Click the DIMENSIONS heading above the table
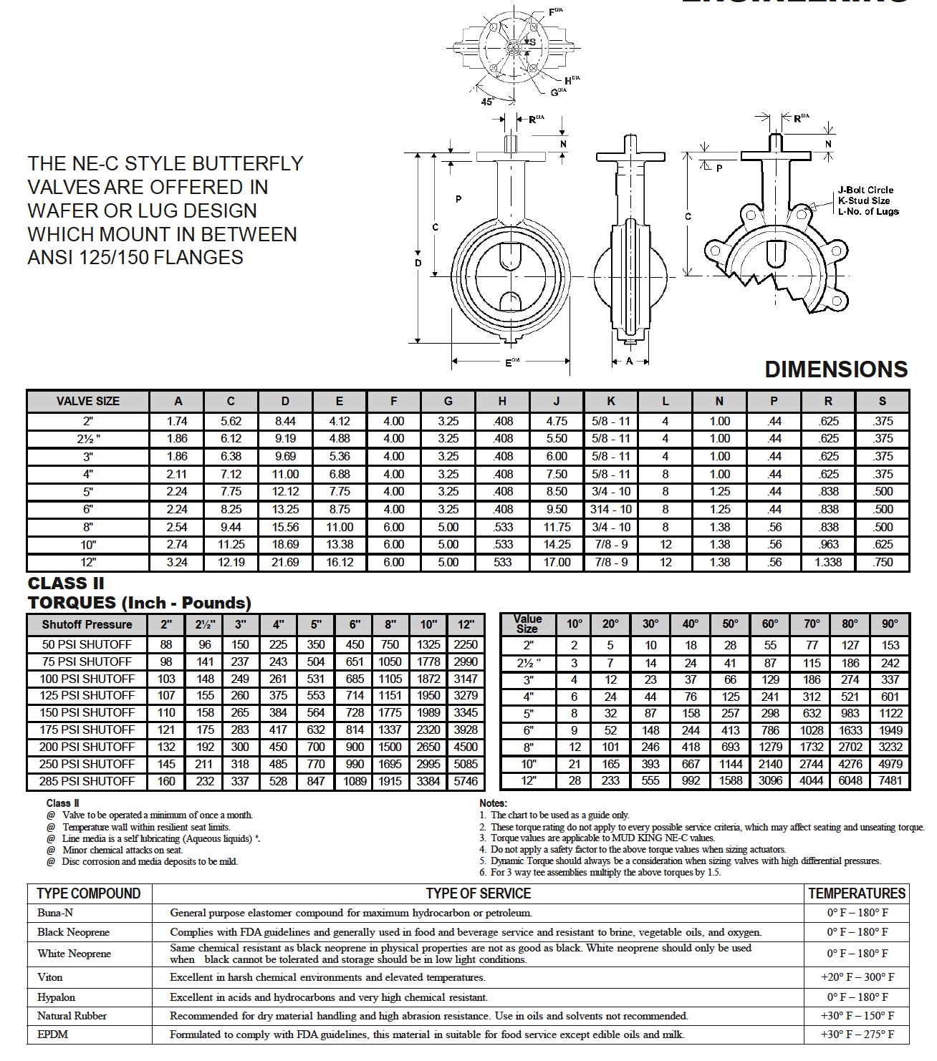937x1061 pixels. [836, 369]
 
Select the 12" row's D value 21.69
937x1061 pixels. [285, 562]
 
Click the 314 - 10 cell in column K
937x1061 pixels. [611, 509]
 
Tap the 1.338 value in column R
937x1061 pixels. [828, 562]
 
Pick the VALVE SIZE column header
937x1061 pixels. [88, 401]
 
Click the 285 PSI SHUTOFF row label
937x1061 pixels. [88, 781]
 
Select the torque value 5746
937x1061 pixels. [466, 781]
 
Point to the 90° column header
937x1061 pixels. [890, 624]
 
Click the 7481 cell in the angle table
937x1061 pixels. [890, 780]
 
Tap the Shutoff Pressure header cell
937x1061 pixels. [87, 624]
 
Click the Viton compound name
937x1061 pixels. [50, 977]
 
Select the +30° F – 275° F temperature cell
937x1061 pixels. [857, 1035]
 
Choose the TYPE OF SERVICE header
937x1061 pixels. [478, 893]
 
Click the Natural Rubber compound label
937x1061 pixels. [72, 1016]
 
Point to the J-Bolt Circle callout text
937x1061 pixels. [866, 190]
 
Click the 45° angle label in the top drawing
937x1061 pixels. [487, 101]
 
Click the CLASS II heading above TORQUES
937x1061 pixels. [66, 583]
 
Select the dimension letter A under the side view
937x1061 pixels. [630, 362]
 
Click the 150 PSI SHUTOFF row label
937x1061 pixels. [88, 712]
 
